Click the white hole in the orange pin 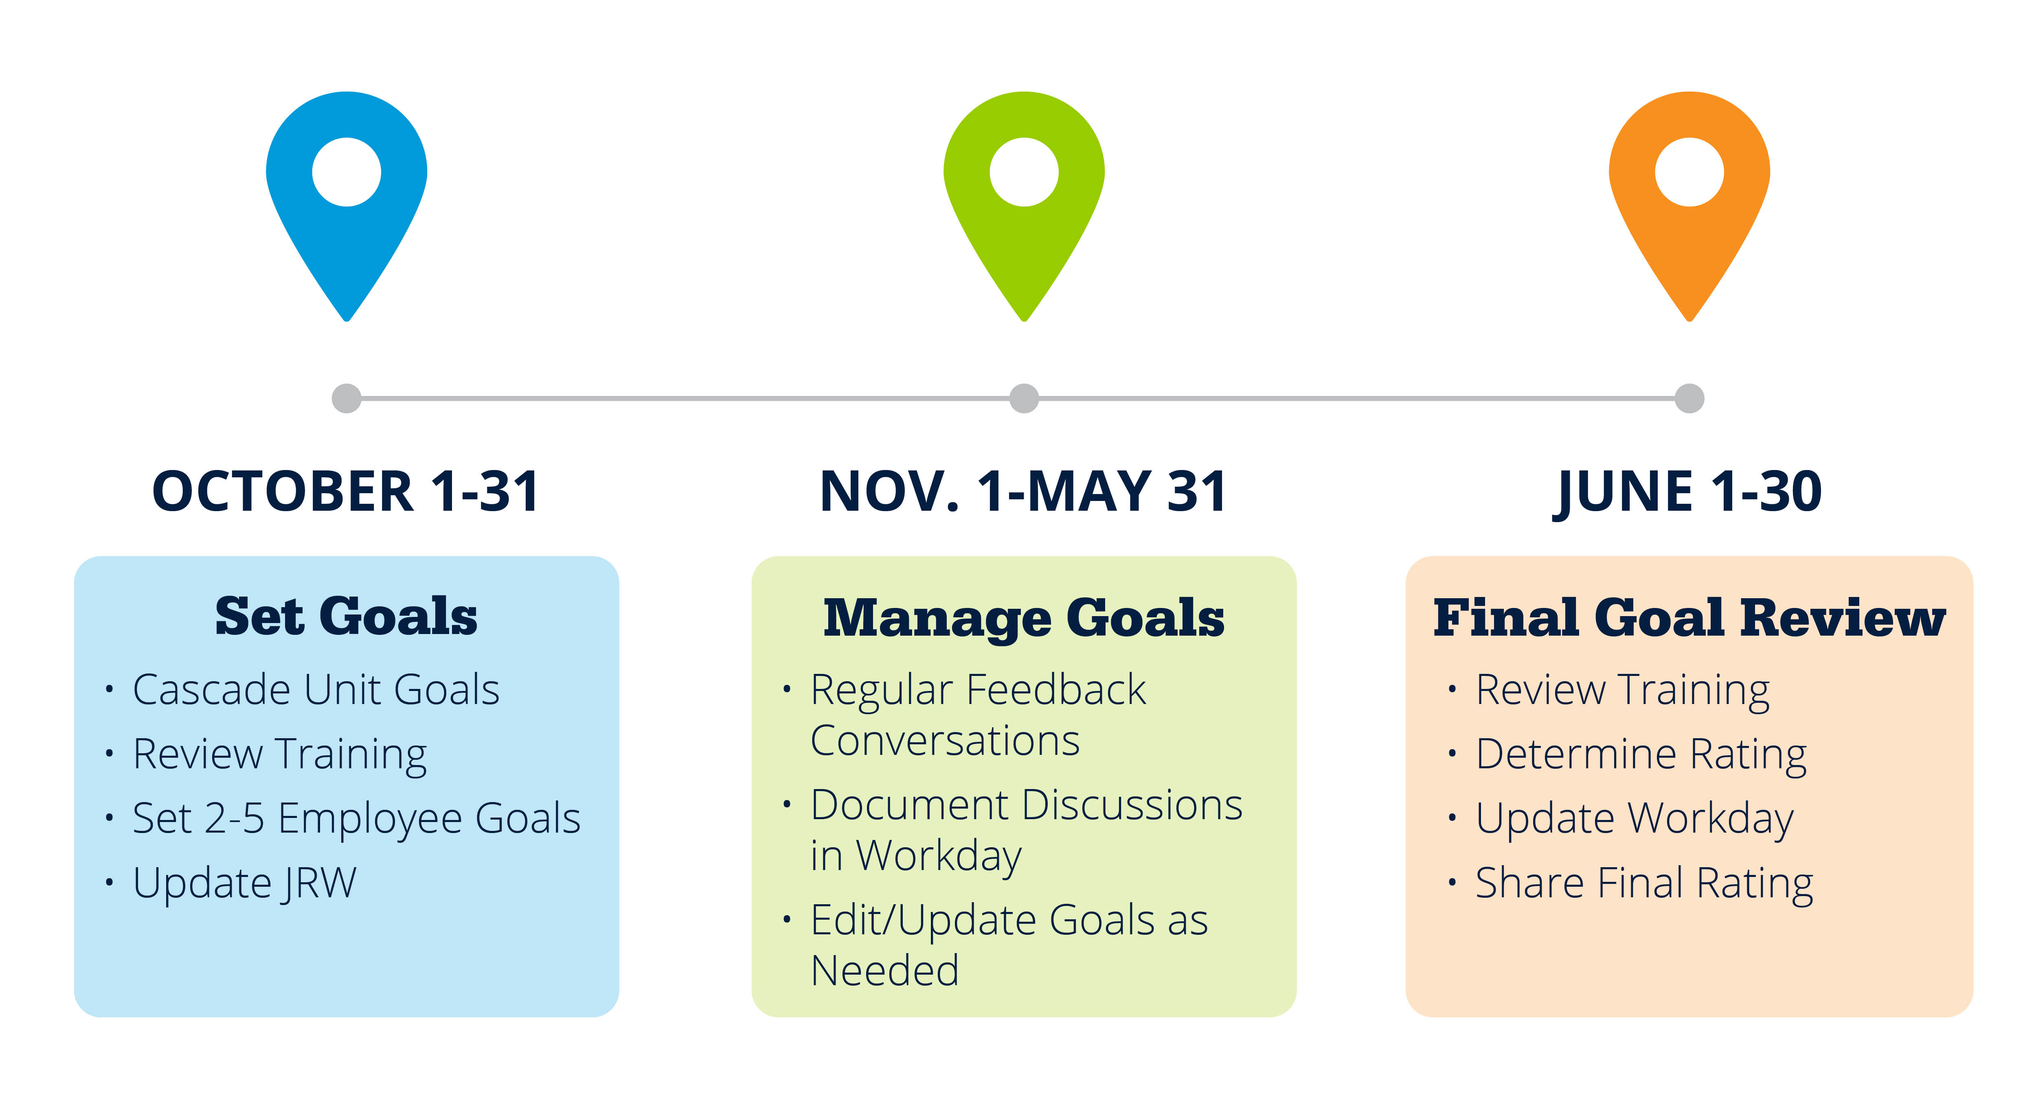coord(1689,171)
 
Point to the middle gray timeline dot coord(1024,398)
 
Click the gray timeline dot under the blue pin coord(346,398)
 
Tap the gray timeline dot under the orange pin coord(1689,398)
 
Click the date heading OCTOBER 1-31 coord(346,491)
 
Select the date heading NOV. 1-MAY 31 coord(1024,491)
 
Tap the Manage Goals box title coord(1024,619)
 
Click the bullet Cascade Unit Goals coord(316,690)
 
